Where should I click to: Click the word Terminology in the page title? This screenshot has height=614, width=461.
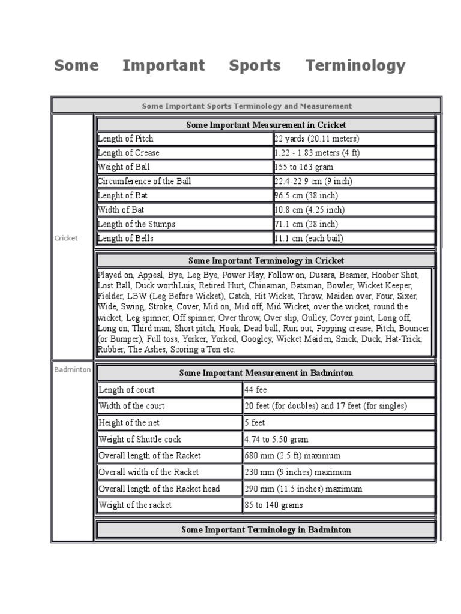[355, 65]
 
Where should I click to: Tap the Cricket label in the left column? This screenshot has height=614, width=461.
[66, 238]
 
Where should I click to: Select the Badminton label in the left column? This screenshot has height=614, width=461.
[72, 370]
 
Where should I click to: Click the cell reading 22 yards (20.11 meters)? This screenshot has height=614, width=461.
[316, 139]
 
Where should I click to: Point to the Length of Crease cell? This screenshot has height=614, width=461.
[128, 153]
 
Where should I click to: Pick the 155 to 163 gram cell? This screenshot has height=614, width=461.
[304, 167]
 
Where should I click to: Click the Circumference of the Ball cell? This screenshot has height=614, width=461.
[145, 181]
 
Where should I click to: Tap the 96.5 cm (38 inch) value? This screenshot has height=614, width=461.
[306, 195]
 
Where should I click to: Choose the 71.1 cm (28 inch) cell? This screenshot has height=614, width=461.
[306, 224]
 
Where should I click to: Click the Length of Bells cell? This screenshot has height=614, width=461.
[125, 239]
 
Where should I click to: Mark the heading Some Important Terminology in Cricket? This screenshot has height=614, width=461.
[266, 261]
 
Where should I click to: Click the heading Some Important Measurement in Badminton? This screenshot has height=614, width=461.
[266, 373]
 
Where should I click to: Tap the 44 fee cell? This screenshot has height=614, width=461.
[256, 390]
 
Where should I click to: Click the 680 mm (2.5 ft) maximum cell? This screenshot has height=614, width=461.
[292, 456]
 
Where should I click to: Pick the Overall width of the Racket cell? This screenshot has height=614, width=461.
[149, 472]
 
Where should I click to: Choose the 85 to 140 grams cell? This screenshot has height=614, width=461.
[274, 505]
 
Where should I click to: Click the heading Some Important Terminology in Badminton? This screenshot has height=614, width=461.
[266, 530]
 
